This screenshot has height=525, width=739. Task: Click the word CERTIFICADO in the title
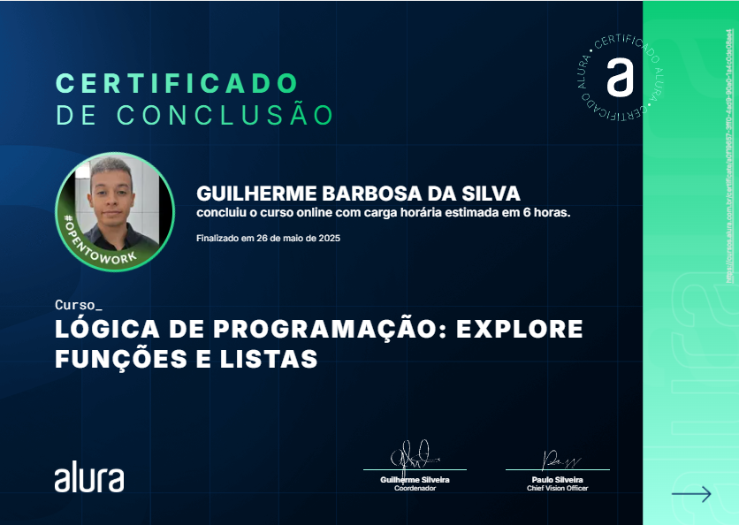[x=178, y=84]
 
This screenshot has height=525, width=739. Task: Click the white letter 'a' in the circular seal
[x=620, y=77]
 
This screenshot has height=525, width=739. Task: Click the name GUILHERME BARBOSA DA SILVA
[x=358, y=194]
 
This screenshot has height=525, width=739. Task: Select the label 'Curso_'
[x=79, y=305]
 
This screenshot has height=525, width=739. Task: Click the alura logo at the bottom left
[x=89, y=476]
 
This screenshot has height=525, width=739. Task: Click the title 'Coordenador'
[x=415, y=488]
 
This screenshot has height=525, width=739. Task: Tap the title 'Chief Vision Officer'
[x=557, y=488]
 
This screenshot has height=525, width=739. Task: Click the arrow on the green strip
[x=691, y=494]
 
